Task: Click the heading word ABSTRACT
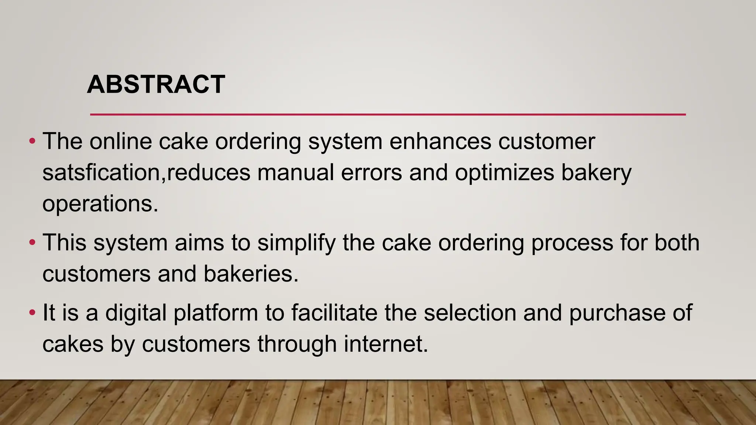pos(156,84)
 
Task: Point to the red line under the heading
pos(388,115)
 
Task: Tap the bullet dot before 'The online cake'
pos(32,141)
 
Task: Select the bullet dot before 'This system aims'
pos(32,243)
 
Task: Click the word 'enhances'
pos(440,141)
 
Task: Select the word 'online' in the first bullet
pos(120,141)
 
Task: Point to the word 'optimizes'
pos(504,173)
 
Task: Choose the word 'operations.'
pos(100,204)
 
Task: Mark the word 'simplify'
pos(296,243)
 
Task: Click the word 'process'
pos(572,243)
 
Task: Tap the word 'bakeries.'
pos(251,274)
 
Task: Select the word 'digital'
pos(135,313)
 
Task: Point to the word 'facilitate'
pos(334,313)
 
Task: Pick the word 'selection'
pos(470,313)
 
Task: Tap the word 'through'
pos(297,344)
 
